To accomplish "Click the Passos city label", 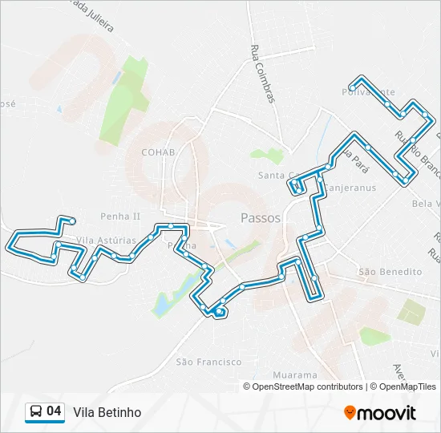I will pyautogui.click(x=261, y=218).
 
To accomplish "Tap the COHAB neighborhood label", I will pyautogui.click(x=158, y=152).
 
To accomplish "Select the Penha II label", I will pyautogui.click(x=120, y=216).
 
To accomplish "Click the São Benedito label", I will pyautogui.click(x=390, y=272).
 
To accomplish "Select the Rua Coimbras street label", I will pyautogui.click(x=263, y=72).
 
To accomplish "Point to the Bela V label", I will pyautogui.click(x=424, y=204).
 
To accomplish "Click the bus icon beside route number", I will pyautogui.click(x=36, y=412).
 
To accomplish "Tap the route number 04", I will pyautogui.click(x=54, y=411).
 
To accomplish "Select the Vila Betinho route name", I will pyautogui.click(x=107, y=412).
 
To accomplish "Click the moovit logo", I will pyautogui.click(x=380, y=412).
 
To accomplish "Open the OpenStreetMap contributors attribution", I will pyautogui.click(x=307, y=386).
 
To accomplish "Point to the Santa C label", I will pyautogui.click(x=275, y=176).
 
